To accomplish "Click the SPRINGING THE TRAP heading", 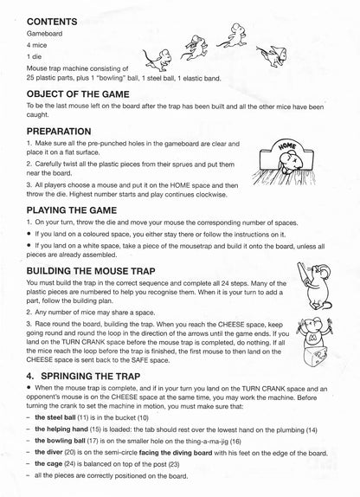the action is (90, 378).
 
